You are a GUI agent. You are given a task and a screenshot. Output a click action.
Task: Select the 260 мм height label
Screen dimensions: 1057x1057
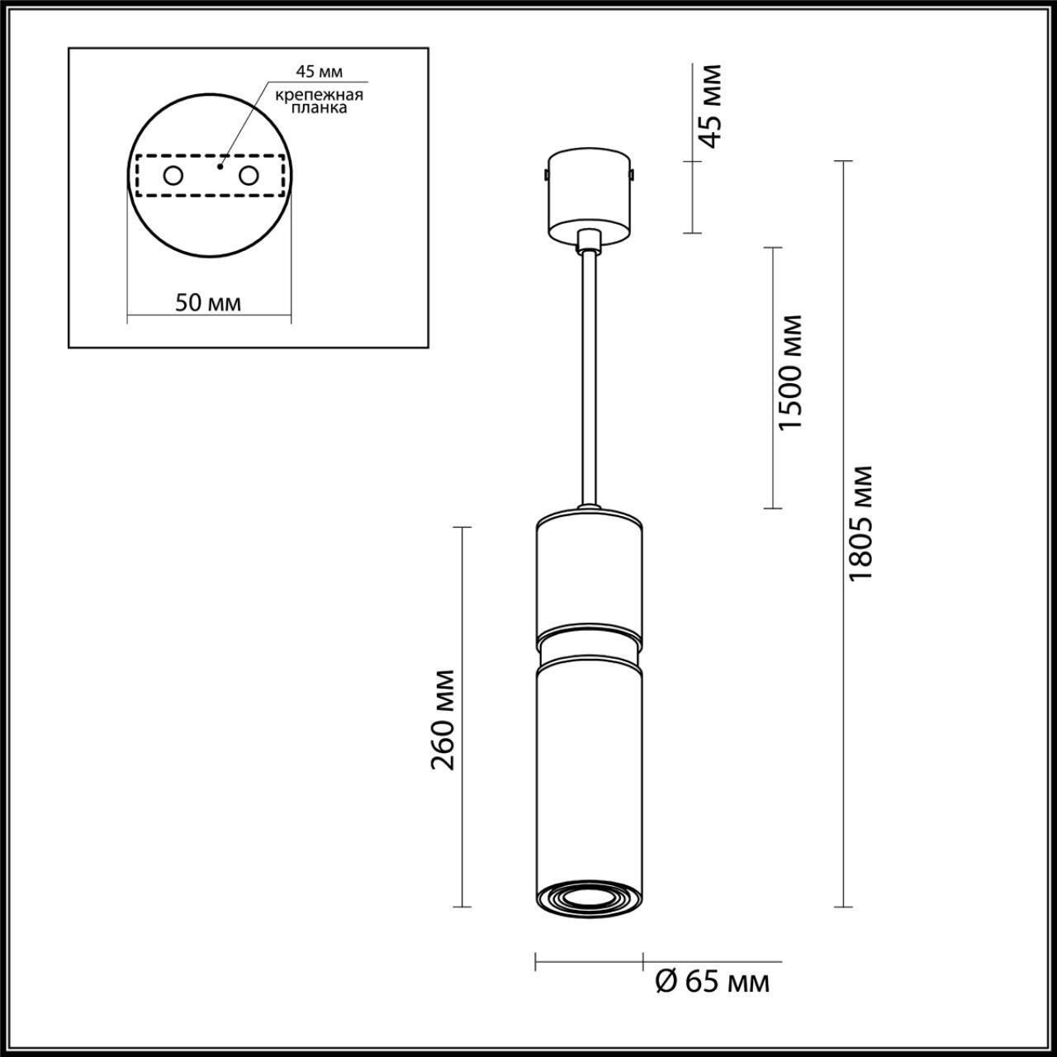443,718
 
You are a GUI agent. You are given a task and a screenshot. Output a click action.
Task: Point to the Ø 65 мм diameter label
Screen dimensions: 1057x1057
712,982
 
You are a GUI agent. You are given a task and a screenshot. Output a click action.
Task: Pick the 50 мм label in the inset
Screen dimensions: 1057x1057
209,302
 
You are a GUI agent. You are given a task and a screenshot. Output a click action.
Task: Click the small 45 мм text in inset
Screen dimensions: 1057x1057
319,72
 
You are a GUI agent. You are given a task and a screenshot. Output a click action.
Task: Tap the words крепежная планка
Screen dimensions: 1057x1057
320,102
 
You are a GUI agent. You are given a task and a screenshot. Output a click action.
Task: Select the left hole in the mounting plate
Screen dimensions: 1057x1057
173,175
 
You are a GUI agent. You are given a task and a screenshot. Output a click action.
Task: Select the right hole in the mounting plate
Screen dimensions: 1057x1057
248,175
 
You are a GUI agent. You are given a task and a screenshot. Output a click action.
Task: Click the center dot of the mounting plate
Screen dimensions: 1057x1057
219,166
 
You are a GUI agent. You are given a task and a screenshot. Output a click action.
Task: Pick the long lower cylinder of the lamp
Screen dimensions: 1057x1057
588,768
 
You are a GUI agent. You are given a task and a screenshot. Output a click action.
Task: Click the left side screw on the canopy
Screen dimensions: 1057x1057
545,174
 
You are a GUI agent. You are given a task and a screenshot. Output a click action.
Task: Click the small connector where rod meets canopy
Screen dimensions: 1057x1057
589,240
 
